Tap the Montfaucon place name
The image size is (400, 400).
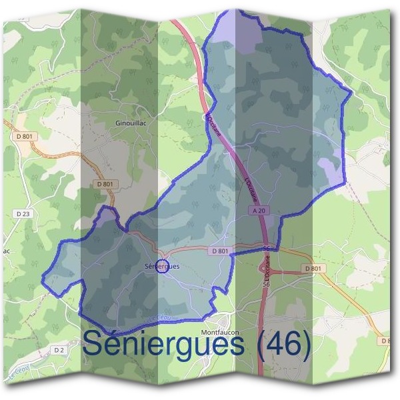[x=219, y=331]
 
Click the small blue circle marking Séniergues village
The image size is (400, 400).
[x=161, y=267]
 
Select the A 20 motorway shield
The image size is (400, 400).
[x=259, y=210]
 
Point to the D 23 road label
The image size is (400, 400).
[x=22, y=213]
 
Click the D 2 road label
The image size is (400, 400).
[x=59, y=349]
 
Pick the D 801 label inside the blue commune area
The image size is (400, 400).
[x=219, y=251]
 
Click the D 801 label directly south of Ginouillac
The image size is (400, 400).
[x=105, y=184]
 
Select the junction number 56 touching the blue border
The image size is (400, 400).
[x=267, y=248]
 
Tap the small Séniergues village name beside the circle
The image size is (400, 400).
[x=141, y=267]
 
